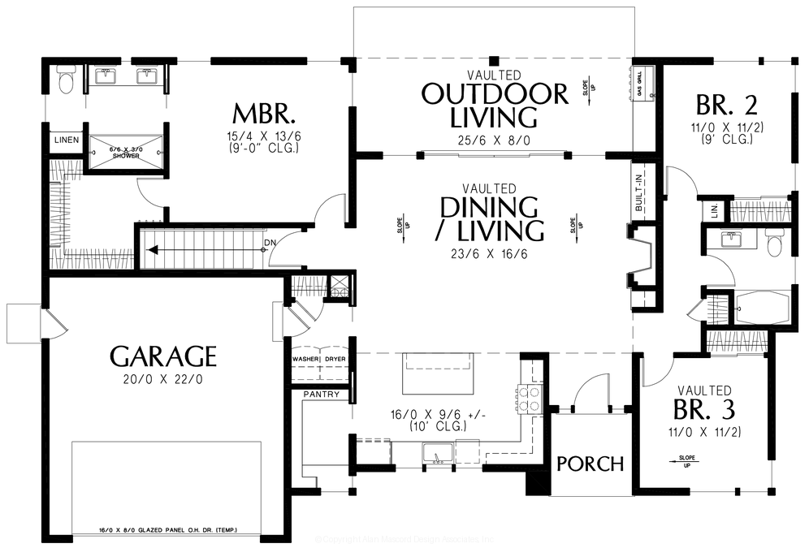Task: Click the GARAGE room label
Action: tap(163, 356)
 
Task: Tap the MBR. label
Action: tap(258, 111)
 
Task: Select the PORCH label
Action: tap(591, 464)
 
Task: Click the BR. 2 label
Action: tap(727, 105)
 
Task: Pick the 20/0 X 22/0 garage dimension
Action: tap(163, 378)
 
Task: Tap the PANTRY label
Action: tap(320, 395)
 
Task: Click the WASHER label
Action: tap(306, 358)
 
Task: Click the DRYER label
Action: tap(335, 358)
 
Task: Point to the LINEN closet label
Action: tap(67, 140)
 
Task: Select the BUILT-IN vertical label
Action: tap(639, 193)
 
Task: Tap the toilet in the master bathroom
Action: tap(66, 82)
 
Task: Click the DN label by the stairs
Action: tap(269, 242)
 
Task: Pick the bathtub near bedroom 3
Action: tap(761, 309)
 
